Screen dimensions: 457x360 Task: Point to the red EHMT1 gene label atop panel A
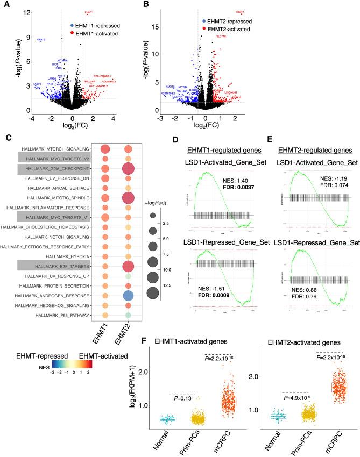89,12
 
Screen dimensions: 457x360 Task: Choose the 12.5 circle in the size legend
152,292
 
